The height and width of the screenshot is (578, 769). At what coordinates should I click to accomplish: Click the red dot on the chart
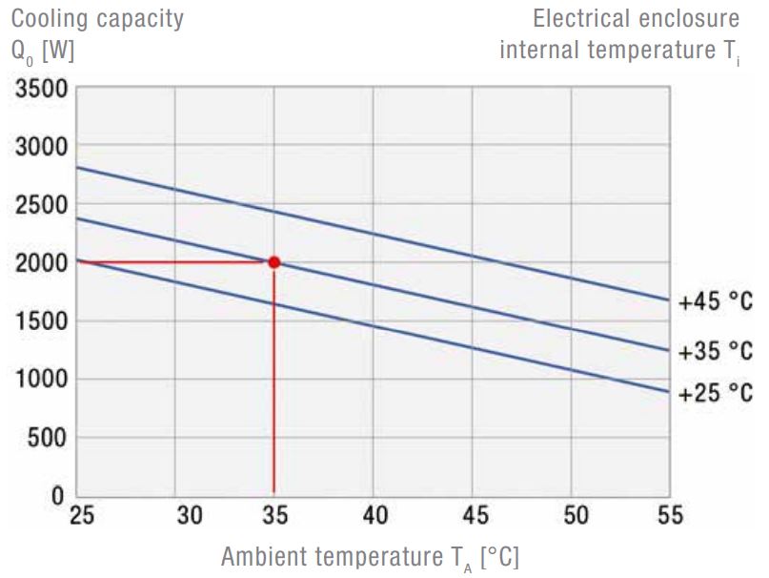click(x=274, y=262)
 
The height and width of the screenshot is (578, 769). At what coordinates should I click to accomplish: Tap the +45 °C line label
click(x=716, y=303)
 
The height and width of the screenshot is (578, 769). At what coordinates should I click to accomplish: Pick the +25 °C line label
click(x=716, y=392)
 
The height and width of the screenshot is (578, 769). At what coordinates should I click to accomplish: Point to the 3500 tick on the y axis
click(x=39, y=90)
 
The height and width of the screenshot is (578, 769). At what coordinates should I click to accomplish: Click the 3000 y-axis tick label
click(x=39, y=147)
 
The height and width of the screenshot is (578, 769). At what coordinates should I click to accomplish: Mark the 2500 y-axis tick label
click(x=39, y=205)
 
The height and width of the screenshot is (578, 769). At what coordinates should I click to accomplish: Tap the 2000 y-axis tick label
click(x=39, y=263)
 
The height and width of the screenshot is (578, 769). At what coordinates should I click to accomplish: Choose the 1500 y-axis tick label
click(x=39, y=321)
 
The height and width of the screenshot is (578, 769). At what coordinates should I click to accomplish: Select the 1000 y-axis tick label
click(x=39, y=380)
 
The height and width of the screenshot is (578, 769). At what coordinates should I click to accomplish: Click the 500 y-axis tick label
click(x=45, y=438)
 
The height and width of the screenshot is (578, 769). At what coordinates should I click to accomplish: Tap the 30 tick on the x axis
click(x=190, y=516)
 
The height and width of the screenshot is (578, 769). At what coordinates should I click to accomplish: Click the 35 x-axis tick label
click(x=274, y=516)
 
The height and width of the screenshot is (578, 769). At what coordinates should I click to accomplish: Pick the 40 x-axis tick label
click(x=376, y=516)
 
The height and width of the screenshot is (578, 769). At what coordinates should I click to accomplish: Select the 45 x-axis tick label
click(x=474, y=516)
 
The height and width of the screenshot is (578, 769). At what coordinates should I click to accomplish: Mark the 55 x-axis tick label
click(x=671, y=516)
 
